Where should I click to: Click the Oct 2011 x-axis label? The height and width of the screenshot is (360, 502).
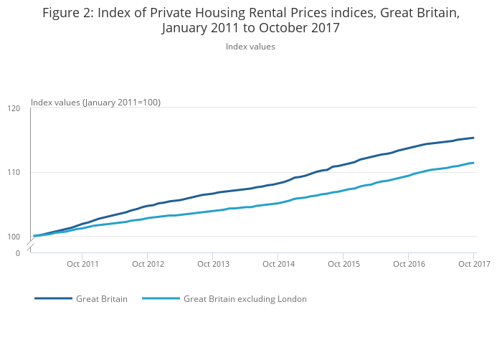tap(82, 264)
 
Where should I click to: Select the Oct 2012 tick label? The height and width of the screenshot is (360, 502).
tap(148, 264)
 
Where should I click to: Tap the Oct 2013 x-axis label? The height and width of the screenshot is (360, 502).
tap(213, 264)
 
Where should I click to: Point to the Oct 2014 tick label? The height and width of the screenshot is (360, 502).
tap(278, 264)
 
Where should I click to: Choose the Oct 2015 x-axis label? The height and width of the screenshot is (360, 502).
tap(344, 264)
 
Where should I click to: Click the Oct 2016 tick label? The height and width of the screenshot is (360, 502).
tap(409, 264)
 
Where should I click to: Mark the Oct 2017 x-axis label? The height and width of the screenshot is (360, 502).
tap(474, 264)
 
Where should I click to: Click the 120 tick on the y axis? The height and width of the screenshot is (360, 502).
tap(14, 108)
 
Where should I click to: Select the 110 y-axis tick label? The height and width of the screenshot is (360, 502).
tap(14, 173)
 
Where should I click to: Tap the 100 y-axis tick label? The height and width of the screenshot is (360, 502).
tap(14, 237)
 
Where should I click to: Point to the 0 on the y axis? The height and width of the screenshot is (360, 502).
tap(18, 253)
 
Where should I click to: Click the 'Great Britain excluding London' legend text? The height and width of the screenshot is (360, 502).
tap(245, 299)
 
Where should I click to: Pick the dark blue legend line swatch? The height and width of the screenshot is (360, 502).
tap(53, 299)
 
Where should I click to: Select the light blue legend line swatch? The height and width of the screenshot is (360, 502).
tap(161, 299)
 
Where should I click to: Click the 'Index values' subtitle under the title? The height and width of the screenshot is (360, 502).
tap(250, 47)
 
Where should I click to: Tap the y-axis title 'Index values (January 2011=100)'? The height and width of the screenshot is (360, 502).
tap(95, 103)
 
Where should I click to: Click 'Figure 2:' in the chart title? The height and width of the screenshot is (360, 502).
tap(69, 13)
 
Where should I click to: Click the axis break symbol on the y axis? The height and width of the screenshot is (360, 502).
tap(31, 246)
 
